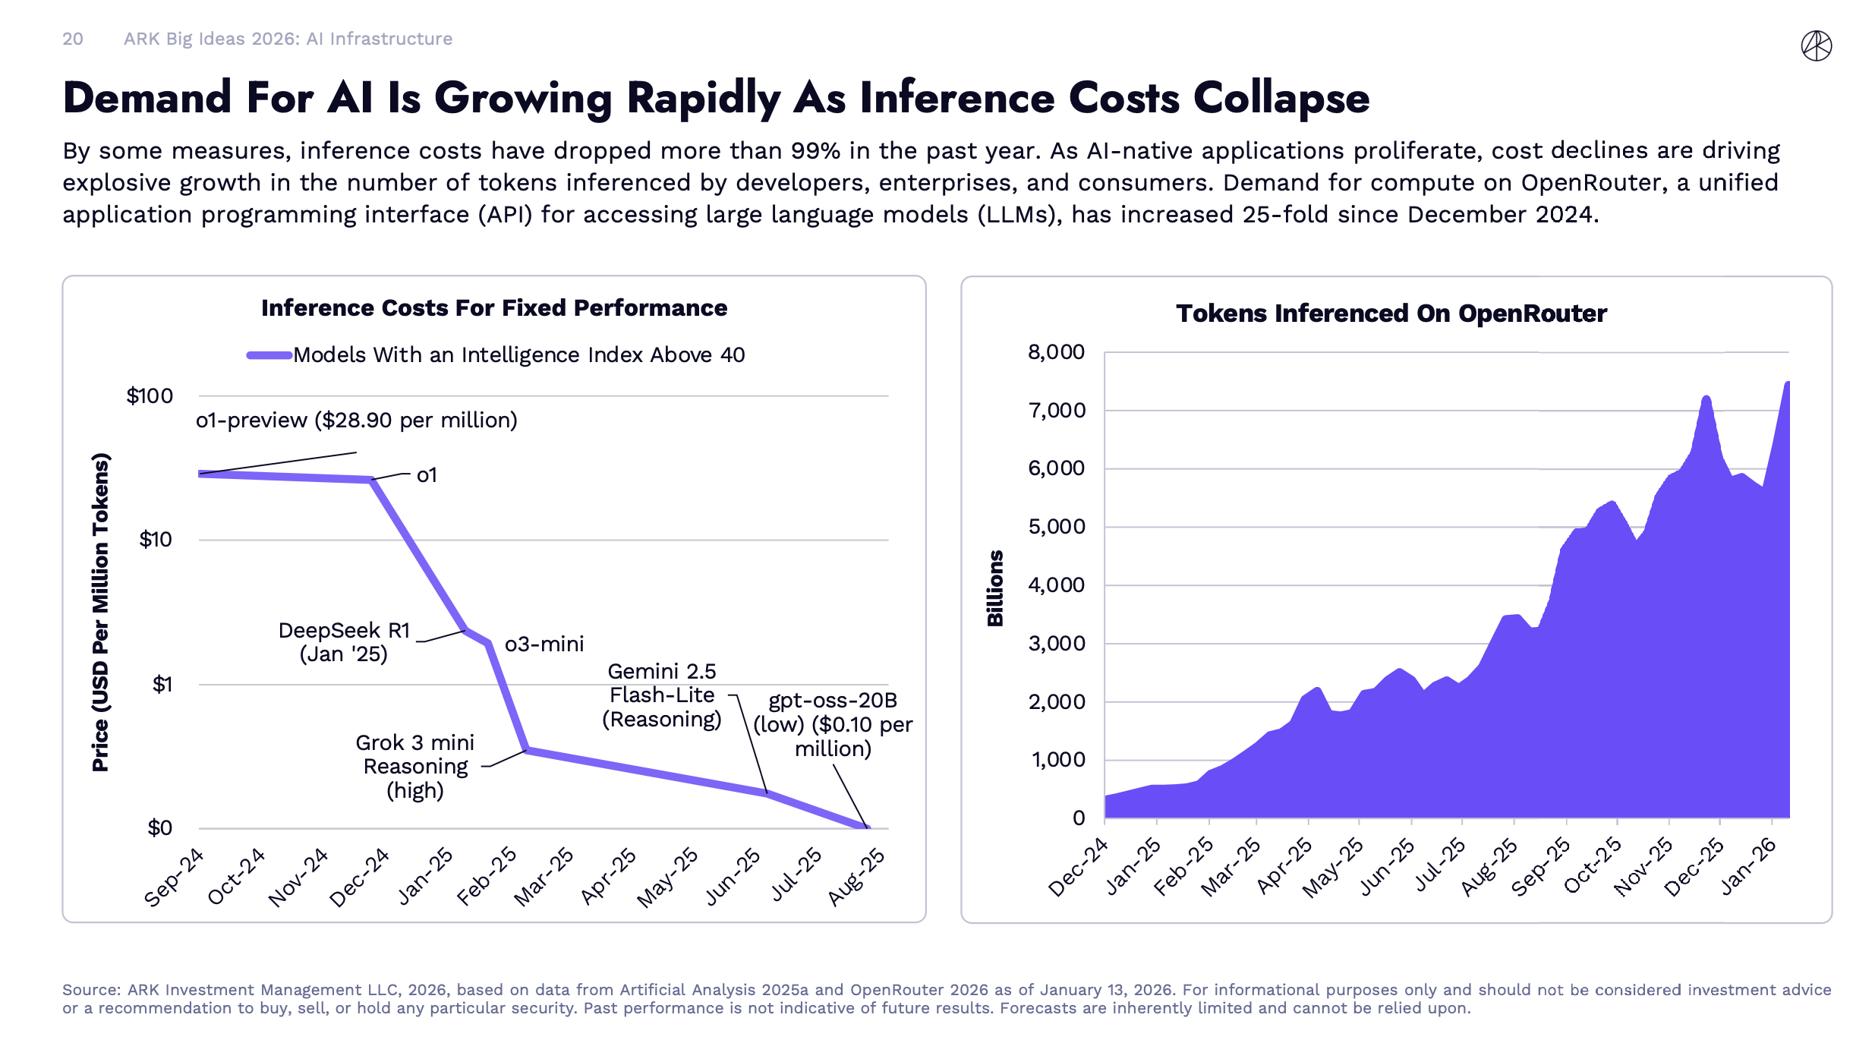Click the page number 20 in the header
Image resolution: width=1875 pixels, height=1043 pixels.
pyautogui.click(x=73, y=39)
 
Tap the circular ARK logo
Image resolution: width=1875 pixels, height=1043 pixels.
pyautogui.click(x=1816, y=46)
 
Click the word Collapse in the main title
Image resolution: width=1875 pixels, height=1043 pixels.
pyautogui.click(x=1281, y=99)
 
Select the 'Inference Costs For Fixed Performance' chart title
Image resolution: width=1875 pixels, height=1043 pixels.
pyautogui.click(x=494, y=308)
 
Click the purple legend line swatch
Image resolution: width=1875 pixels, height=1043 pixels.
pyautogui.click(x=269, y=355)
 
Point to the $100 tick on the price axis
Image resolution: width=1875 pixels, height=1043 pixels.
pyautogui.click(x=150, y=396)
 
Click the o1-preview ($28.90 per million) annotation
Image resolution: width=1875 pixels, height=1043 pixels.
pyautogui.click(x=356, y=421)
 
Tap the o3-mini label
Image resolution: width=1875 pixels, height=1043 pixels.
pyautogui.click(x=544, y=644)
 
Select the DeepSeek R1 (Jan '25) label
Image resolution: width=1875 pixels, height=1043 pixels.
pyautogui.click(x=344, y=642)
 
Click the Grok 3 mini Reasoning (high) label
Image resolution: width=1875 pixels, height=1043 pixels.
pyautogui.click(x=415, y=767)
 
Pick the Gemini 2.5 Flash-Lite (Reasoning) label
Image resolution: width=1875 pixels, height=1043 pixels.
pyautogui.click(x=662, y=695)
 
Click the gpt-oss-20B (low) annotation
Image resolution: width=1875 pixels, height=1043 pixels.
pyautogui.click(x=833, y=724)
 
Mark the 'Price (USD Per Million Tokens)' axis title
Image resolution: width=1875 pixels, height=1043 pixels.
pyautogui.click(x=101, y=612)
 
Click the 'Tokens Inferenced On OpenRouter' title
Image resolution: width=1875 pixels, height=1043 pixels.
pyautogui.click(x=1391, y=314)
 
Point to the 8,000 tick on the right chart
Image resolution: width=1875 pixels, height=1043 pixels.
pyautogui.click(x=1056, y=352)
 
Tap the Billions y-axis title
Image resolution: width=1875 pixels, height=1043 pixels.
pyautogui.click(x=995, y=588)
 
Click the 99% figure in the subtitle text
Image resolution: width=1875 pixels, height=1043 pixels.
pyautogui.click(x=815, y=151)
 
